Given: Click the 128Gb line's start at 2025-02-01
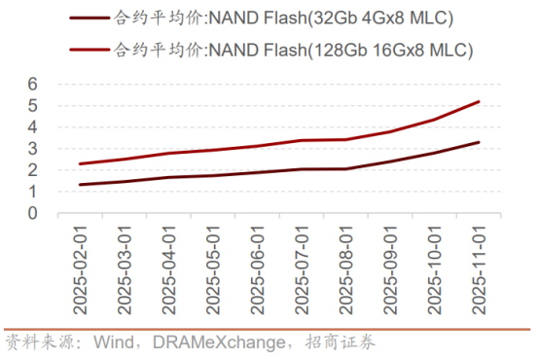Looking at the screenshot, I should pos(79,163).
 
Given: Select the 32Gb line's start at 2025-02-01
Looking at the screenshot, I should pos(79,185).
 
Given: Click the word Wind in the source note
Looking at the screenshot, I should pos(114,342).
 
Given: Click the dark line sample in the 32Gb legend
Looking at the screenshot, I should pos(89,18).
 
